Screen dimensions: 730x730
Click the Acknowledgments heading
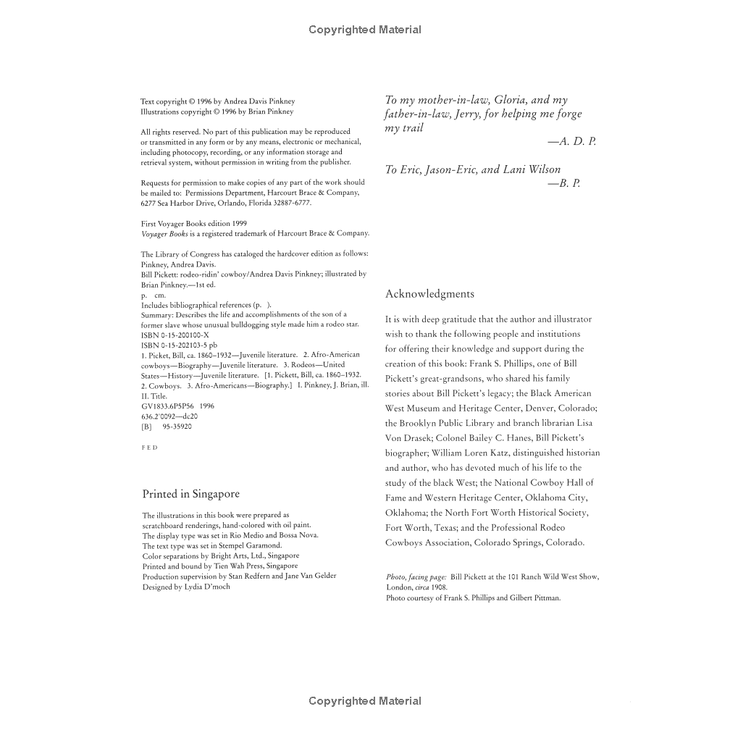[429, 294]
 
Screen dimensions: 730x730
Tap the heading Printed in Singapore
[190, 494]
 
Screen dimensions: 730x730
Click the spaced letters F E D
[149, 448]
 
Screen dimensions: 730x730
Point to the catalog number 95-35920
[177, 427]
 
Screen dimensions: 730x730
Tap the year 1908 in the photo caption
[438, 587]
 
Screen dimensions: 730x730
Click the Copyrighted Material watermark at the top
[364, 30]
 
